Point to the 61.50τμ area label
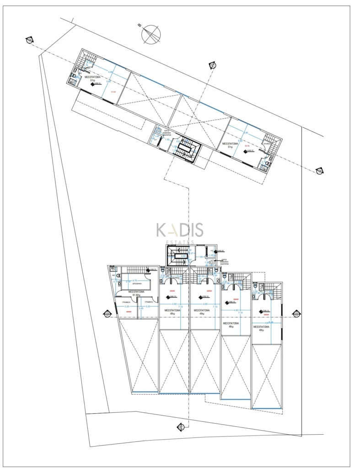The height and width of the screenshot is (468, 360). point(136,295)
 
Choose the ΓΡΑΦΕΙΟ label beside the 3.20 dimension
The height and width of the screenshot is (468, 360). point(148,302)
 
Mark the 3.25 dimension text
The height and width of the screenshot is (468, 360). point(127,306)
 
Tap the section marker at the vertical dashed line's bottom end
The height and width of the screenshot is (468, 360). point(180,427)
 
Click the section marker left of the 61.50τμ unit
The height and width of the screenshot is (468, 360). point(107,314)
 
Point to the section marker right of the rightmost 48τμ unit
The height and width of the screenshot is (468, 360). point(296,314)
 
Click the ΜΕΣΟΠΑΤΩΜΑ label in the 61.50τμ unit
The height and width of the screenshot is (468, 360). point(137,291)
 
